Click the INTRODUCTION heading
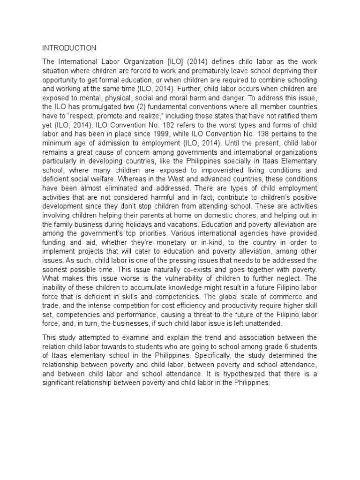coord(69,48)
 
